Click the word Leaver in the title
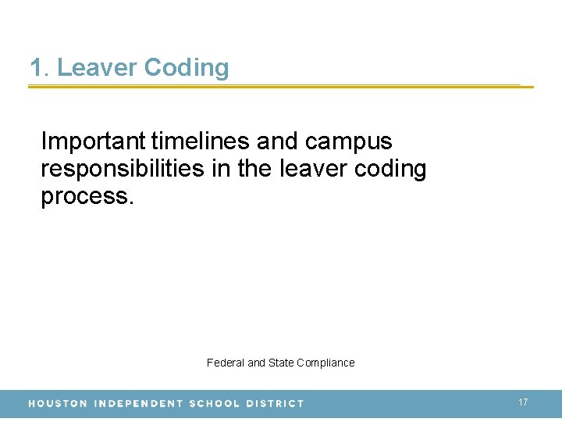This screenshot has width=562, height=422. pos(97,68)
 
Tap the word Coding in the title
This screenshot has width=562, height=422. pos(187,68)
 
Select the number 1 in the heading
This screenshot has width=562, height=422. pos(36,68)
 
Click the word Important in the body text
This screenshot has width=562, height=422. pos(93,141)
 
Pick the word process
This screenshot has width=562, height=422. pos(87,197)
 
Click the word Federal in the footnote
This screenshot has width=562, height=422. pos(226,363)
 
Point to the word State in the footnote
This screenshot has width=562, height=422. pos(281,363)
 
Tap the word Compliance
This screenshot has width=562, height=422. pos(325,363)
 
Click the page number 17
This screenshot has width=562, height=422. pos(523,402)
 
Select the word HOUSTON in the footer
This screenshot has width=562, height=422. pos(58,404)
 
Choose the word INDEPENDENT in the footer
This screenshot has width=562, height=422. pos(138,404)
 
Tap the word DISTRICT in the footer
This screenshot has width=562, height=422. pos(275,404)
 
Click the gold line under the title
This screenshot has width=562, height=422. pos(281,86)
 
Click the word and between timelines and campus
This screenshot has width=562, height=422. pos(278,141)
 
